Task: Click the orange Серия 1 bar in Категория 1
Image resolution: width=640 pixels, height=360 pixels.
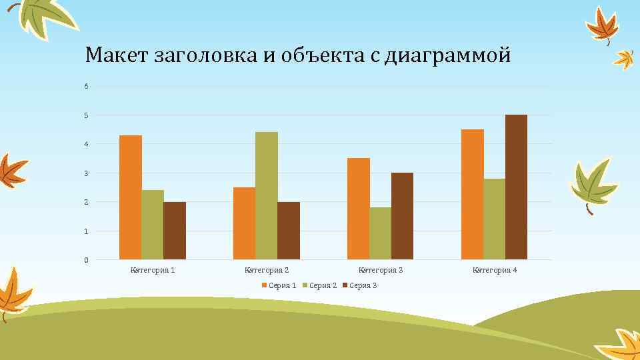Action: pos(131,197)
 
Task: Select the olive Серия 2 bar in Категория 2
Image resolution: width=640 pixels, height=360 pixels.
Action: pos(266,195)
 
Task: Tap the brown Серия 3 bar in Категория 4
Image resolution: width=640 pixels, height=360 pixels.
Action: pos(516,187)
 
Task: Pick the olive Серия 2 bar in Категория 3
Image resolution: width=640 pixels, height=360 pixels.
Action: pos(380,233)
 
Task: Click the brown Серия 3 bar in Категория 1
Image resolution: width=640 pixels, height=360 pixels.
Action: pos(175,231)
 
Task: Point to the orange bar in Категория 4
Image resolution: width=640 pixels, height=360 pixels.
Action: pos(472,194)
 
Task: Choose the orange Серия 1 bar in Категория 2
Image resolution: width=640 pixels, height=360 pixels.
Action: pos(244,223)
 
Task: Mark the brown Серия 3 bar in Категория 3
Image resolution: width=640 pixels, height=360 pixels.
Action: pos(402,216)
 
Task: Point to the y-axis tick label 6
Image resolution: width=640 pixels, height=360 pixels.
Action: pos(86,87)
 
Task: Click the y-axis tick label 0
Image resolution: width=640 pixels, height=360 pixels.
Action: pos(86,260)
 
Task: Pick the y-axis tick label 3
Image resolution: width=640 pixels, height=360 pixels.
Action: pos(86,173)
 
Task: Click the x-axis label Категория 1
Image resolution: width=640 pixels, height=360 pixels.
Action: pos(153,270)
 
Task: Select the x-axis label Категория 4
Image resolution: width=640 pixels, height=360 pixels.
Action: pos(495,270)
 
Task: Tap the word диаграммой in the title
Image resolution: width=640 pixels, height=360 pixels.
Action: pos(455,55)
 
